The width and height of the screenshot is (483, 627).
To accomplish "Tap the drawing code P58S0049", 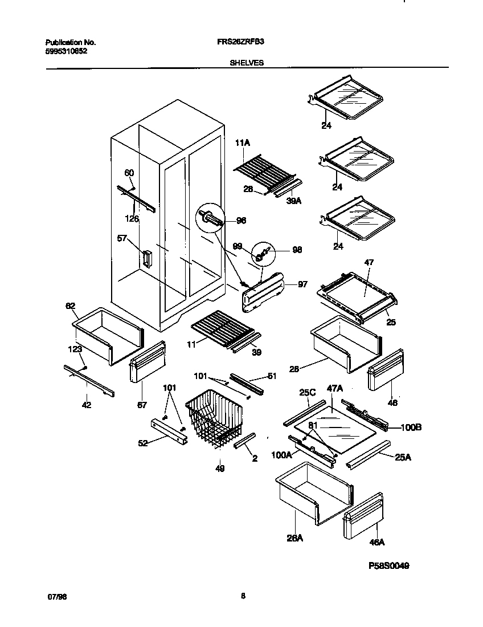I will pos(389,566).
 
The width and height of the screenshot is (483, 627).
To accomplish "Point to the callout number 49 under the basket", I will pos(220,469).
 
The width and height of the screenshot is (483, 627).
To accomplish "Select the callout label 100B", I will pos(411,427).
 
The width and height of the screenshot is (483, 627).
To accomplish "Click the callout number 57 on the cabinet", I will pos(122,239).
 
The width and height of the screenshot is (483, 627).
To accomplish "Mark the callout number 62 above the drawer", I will pos(70,306).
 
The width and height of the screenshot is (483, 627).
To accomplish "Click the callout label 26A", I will pos(294,537).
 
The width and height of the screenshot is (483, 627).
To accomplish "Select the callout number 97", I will pos(302,284).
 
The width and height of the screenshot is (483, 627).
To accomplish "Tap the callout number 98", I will pos(297,250).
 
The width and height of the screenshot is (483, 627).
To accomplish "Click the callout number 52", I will pos(143,443).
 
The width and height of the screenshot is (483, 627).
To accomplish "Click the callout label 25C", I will pos(307,392).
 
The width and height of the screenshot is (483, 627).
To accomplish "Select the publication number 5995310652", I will pos(66,51).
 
